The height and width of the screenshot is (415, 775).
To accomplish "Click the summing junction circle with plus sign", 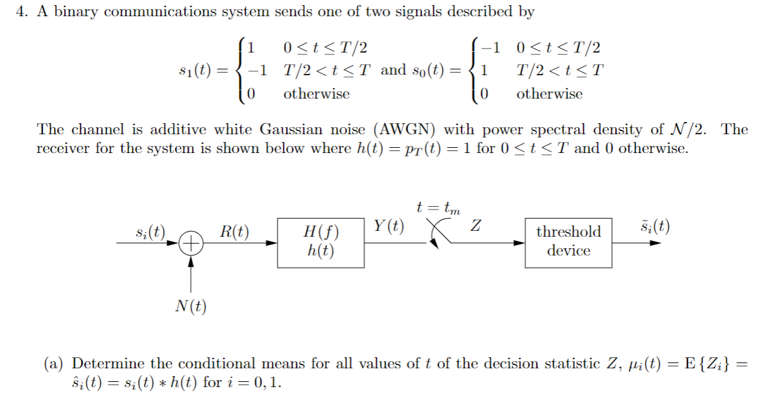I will click(x=191, y=244).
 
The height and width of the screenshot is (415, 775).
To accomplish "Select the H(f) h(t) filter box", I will click(x=320, y=243).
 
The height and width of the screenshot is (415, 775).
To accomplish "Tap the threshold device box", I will click(x=568, y=242).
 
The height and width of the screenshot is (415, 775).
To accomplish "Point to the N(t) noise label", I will click(x=191, y=305).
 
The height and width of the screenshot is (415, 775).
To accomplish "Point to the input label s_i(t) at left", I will click(x=150, y=231).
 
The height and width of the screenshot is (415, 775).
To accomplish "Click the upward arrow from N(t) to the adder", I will click(x=191, y=272).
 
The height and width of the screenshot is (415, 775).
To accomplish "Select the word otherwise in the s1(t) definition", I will click(x=316, y=94).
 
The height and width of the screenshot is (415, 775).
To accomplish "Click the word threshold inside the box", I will click(x=568, y=231).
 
